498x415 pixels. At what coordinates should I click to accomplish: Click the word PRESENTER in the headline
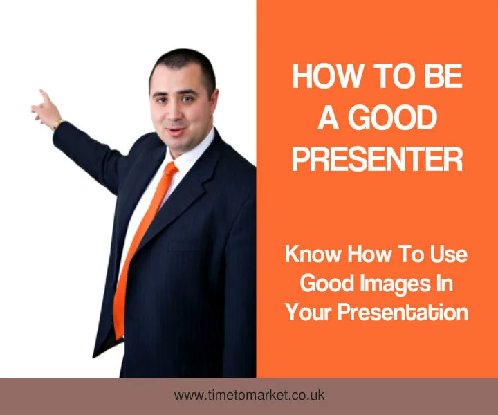pyautogui.click(x=377, y=158)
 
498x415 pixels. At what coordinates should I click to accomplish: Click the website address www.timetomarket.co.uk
pyautogui.click(x=249, y=396)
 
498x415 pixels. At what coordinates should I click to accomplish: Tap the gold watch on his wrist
pyautogui.click(x=57, y=125)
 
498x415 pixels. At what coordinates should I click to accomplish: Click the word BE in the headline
pyautogui.click(x=442, y=76)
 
